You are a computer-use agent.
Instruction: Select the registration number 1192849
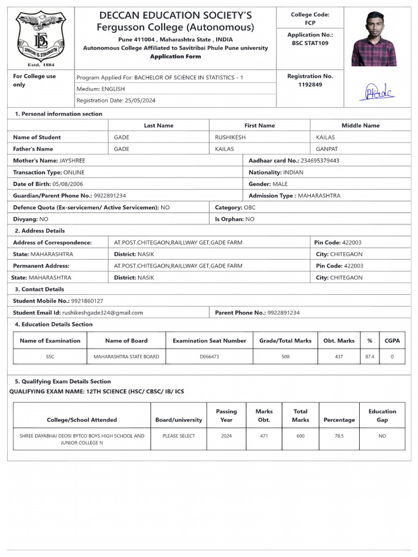click(310, 85)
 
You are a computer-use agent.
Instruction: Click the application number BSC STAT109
click(310, 43)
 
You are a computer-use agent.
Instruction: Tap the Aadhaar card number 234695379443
click(320, 160)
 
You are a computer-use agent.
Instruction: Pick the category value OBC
click(250, 207)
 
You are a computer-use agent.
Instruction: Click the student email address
click(102, 313)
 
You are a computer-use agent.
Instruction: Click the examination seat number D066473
click(209, 356)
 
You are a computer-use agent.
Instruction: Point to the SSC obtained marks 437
click(339, 356)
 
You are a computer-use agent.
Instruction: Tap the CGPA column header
click(392, 341)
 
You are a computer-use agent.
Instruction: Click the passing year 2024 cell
click(226, 436)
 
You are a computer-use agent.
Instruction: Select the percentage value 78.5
click(339, 436)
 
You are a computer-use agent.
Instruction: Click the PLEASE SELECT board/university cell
click(179, 436)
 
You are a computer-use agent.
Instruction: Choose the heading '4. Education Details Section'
click(53, 324)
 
